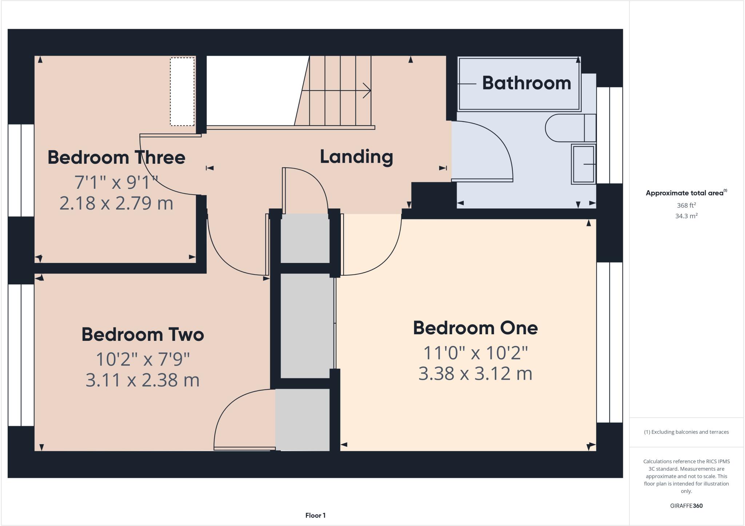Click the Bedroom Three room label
click(x=116, y=158)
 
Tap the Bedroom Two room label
click(x=143, y=334)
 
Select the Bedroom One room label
click(x=475, y=328)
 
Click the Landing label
click(x=356, y=157)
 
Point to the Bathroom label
click(x=526, y=83)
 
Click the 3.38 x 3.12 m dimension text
click(x=475, y=374)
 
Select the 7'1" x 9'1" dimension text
click(x=116, y=182)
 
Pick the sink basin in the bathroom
click(x=583, y=164)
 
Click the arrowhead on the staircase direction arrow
click(x=368, y=91)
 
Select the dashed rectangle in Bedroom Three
click(x=182, y=92)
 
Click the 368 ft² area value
click(x=686, y=205)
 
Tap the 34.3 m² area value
click(x=686, y=216)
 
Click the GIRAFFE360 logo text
click(x=686, y=506)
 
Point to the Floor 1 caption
click(x=315, y=515)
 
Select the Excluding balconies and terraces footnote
click(x=686, y=432)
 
